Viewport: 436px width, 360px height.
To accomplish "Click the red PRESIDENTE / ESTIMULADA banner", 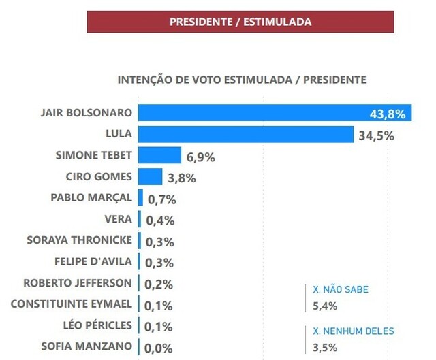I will click(x=240, y=22).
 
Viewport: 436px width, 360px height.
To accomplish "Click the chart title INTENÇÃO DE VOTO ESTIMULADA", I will click(x=242, y=80).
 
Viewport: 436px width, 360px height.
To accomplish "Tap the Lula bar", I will click(x=245, y=134).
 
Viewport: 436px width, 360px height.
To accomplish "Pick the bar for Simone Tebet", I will click(x=159, y=156).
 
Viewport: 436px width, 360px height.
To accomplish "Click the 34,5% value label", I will click(x=376, y=135).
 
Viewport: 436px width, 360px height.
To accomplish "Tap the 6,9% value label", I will click(x=200, y=157).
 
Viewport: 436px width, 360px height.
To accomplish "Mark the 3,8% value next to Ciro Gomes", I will click(x=181, y=178).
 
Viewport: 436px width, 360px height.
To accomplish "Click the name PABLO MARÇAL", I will click(x=92, y=198).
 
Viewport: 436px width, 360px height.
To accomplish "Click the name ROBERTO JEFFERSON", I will click(x=78, y=282).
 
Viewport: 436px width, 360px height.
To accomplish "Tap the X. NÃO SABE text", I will click(x=340, y=289).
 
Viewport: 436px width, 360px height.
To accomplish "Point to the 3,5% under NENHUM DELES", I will click(x=325, y=347).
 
